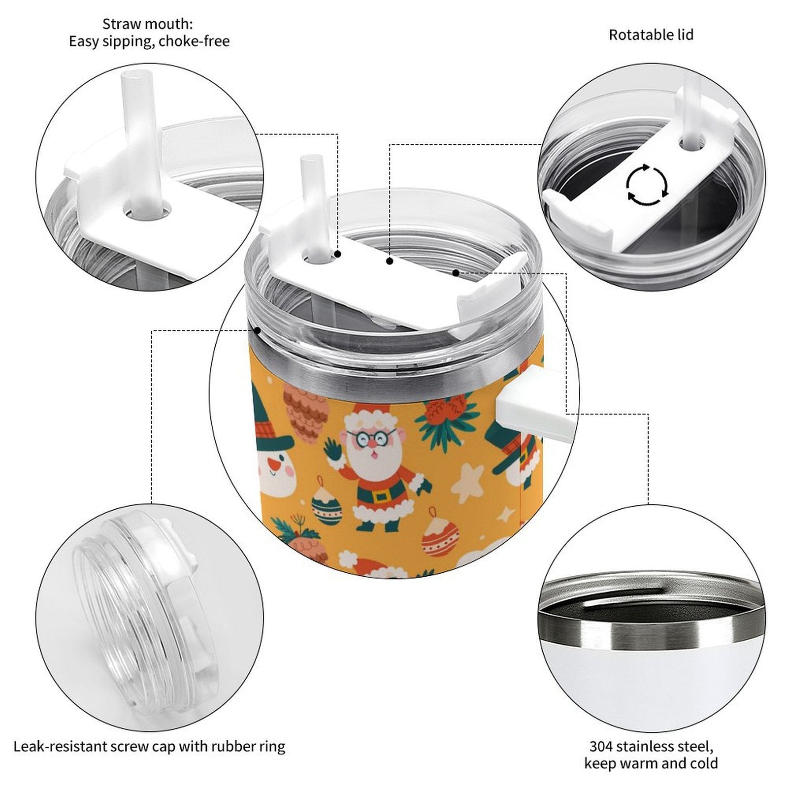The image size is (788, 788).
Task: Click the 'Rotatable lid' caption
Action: point(651,35)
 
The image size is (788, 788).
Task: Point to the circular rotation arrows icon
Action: point(647,185)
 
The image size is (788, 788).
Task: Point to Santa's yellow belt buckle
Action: point(379,495)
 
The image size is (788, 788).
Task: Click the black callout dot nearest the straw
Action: point(338,254)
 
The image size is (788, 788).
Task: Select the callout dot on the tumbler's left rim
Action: point(257,330)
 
